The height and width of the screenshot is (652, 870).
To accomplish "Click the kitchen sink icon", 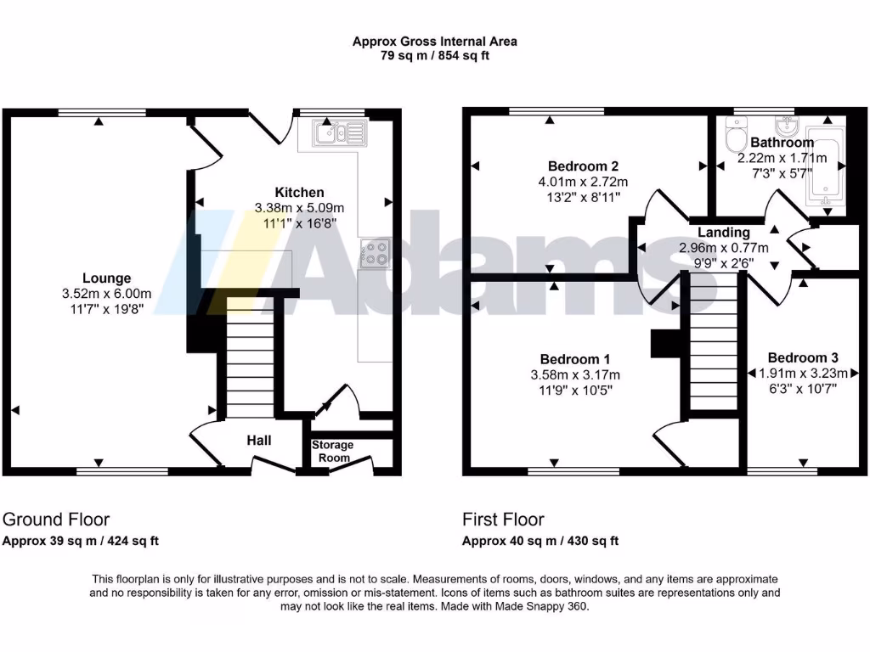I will tap(337, 132).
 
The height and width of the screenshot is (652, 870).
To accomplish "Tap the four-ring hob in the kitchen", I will tap(376, 253).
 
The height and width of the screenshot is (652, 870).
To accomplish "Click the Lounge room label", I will tap(106, 278).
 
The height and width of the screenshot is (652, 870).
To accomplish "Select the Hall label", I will tap(259, 441).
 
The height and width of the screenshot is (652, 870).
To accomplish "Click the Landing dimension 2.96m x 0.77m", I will tap(723, 248).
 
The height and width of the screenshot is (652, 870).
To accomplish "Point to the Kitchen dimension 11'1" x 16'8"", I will tap(289, 223).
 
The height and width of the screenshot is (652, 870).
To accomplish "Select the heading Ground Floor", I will tap(56, 520).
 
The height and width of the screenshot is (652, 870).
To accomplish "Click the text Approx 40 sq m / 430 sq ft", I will tap(540, 541).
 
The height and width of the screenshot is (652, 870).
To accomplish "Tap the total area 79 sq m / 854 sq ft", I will tap(434, 56).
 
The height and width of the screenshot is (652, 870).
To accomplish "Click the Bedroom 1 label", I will tap(574, 359).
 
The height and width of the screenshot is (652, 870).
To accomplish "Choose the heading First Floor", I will tap(503, 520).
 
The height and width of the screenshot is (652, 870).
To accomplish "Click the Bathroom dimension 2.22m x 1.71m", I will tap(782, 158).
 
